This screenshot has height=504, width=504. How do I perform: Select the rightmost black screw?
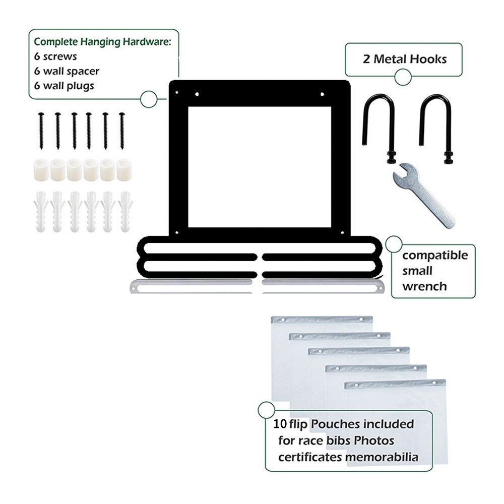coord(121,131)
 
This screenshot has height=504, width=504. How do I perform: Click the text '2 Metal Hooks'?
coord(405,59)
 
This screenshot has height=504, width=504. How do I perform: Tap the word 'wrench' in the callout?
coord(424,287)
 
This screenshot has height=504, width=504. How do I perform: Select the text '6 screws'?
coord(55,56)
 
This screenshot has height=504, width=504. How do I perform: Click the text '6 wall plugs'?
coord(64,85)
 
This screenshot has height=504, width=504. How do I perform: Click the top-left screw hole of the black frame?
coord(177,92)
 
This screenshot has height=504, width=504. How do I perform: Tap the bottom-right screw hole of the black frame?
coord(342,232)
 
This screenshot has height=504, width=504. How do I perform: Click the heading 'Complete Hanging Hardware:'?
coord(103,41)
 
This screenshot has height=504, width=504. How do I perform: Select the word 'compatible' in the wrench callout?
coord(435,255)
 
